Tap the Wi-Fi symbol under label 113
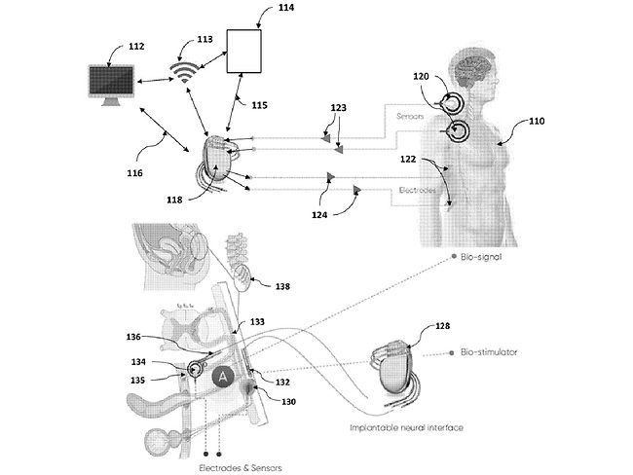(x=179, y=73)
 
